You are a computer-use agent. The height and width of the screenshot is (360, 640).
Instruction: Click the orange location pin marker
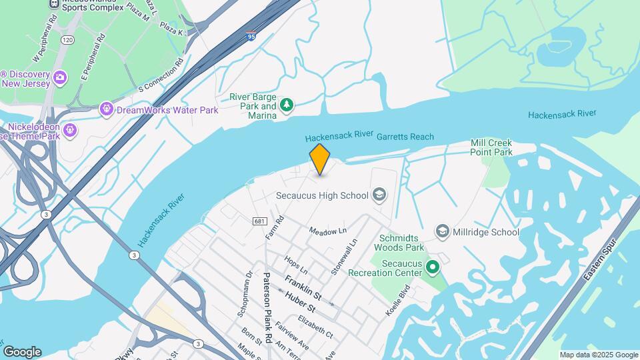pyautogui.click(x=320, y=159)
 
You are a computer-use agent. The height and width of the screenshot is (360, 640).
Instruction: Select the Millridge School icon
pyautogui.click(x=442, y=231)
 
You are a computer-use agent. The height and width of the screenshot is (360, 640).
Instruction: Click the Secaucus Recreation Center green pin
pyautogui.click(x=432, y=268)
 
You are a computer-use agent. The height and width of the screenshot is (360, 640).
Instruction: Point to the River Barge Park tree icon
pyautogui.click(x=287, y=105)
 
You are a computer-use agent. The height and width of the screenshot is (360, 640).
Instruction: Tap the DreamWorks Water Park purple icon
pyautogui.click(x=106, y=109)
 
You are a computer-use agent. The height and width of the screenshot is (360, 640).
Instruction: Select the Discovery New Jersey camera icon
pyautogui.click(x=59, y=78)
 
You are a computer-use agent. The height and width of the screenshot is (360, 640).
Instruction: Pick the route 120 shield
pyautogui.click(x=67, y=41)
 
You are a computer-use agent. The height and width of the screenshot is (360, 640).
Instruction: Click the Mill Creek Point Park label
pyautogui.click(x=491, y=147)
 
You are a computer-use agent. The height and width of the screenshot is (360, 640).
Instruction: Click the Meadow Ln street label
pyautogui.click(x=328, y=230)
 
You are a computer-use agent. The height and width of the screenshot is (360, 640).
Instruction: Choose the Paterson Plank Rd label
pyautogui.click(x=267, y=307)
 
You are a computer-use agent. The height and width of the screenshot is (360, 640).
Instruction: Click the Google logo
pyautogui.click(x=22, y=352)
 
